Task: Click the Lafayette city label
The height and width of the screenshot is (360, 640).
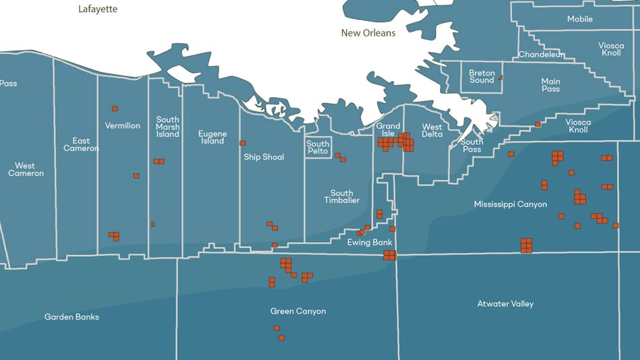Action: tap(98, 9)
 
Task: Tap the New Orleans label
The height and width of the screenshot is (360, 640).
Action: tap(369, 32)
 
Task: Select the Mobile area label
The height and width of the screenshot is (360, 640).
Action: tap(580, 19)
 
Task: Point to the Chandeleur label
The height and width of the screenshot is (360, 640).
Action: tap(541, 55)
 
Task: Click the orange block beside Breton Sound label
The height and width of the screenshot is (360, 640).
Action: tap(501, 79)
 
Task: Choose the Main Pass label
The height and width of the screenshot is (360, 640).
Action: tap(550, 85)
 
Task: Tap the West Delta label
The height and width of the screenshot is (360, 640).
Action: tap(432, 130)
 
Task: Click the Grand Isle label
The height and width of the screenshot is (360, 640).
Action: tap(388, 129)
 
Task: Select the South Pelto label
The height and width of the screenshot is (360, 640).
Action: tap(318, 147)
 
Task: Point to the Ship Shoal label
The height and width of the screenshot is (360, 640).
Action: tap(264, 157)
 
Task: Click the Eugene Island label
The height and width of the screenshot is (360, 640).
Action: tap(212, 137)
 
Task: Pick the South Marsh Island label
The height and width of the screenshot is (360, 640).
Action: tap(168, 127)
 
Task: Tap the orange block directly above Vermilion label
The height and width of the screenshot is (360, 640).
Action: tap(115, 109)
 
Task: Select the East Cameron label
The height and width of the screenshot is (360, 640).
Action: tap(81, 144)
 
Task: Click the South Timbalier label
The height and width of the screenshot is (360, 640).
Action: tap(342, 197)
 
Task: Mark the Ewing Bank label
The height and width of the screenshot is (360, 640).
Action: tap(369, 243)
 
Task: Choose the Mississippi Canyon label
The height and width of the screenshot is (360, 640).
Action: tap(510, 204)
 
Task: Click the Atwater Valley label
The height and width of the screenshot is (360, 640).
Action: tap(505, 304)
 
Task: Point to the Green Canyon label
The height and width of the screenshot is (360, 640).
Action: tap(298, 311)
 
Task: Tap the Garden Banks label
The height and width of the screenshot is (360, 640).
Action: tap(71, 317)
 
